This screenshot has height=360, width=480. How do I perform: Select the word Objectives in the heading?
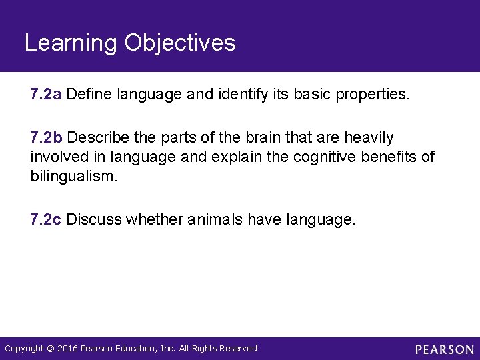pyautogui.click(x=180, y=43)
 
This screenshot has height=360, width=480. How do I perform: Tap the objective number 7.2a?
pyautogui.click(x=46, y=95)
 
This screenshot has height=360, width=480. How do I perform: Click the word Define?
pyautogui.click(x=89, y=95)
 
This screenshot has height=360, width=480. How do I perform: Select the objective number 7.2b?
pyautogui.click(x=46, y=138)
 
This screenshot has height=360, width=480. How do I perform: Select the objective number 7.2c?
pyautogui.click(x=46, y=219)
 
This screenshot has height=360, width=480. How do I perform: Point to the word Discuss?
pyautogui.click(x=94, y=219)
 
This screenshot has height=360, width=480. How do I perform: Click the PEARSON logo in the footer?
pyautogui.click(x=445, y=349)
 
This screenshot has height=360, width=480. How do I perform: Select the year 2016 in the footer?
pyautogui.click(x=67, y=349)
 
